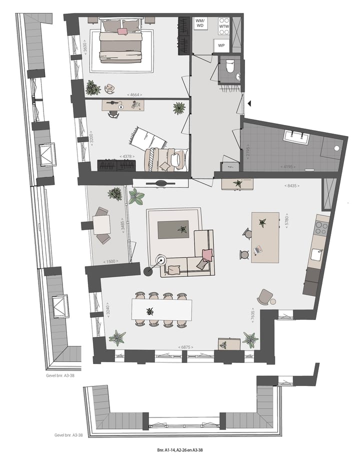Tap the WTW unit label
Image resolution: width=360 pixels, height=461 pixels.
(x=223, y=26)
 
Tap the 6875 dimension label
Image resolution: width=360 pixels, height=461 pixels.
(x=185, y=347)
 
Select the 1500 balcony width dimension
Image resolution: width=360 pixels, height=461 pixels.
(x=110, y=261)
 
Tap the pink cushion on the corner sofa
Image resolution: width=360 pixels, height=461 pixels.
(x=206, y=255)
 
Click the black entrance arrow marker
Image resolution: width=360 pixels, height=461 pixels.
(x=248, y=103)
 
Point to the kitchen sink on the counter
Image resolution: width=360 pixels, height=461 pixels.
(x=316, y=254)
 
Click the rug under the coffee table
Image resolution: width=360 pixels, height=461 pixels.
(x=173, y=230)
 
